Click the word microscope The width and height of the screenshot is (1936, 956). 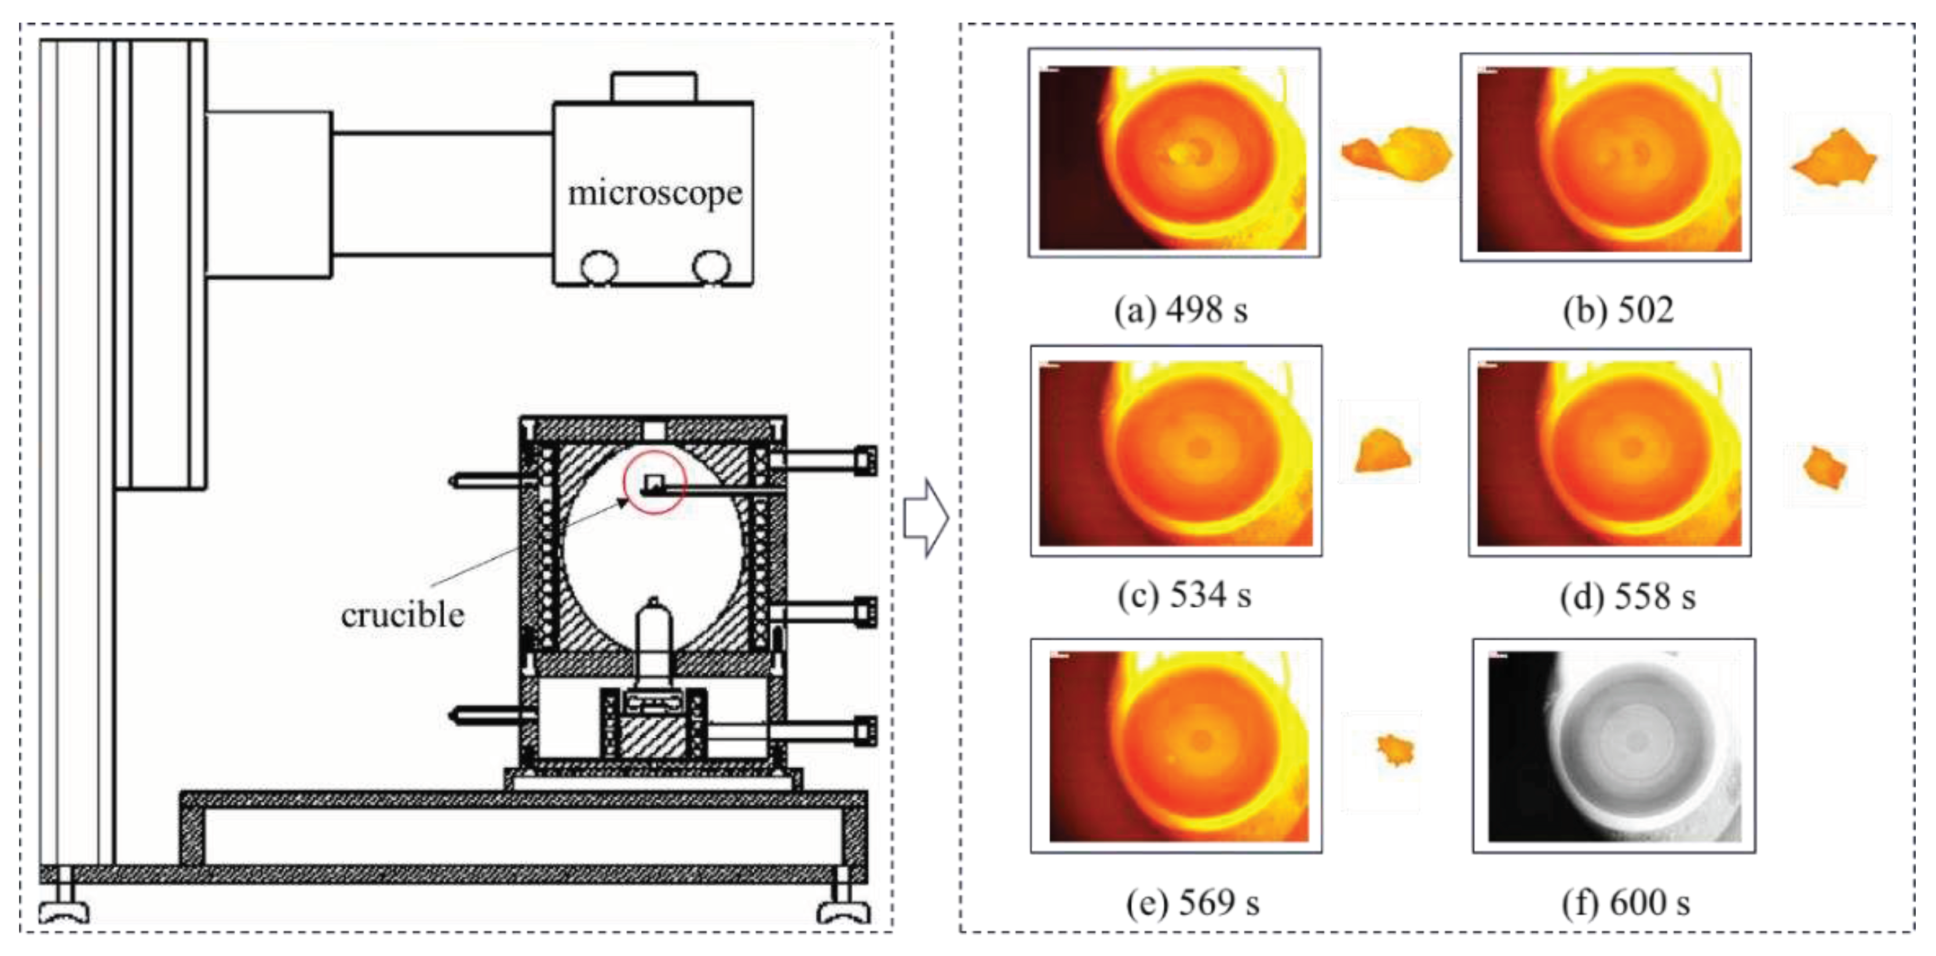click(x=655, y=194)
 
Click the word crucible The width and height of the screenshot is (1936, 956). click(x=403, y=615)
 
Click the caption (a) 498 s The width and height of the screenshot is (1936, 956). click(x=1181, y=309)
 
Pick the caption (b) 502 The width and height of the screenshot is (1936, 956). click(x=1618, y=309)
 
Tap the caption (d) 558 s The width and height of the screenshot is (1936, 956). click(x=1628, y=597)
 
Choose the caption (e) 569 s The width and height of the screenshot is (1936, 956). click(x=1192, y=903)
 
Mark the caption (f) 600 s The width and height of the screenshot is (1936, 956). click(x=1625, y=903)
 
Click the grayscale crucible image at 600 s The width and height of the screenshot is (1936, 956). click(x=1613, y=746)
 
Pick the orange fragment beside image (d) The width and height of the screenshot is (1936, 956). click(x=1825, y=468)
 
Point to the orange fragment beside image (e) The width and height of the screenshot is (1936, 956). click(x=1396, y=749)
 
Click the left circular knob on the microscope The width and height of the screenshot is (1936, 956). click(x=600, y=267)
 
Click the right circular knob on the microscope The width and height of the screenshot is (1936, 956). click(x=711, y=267)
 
